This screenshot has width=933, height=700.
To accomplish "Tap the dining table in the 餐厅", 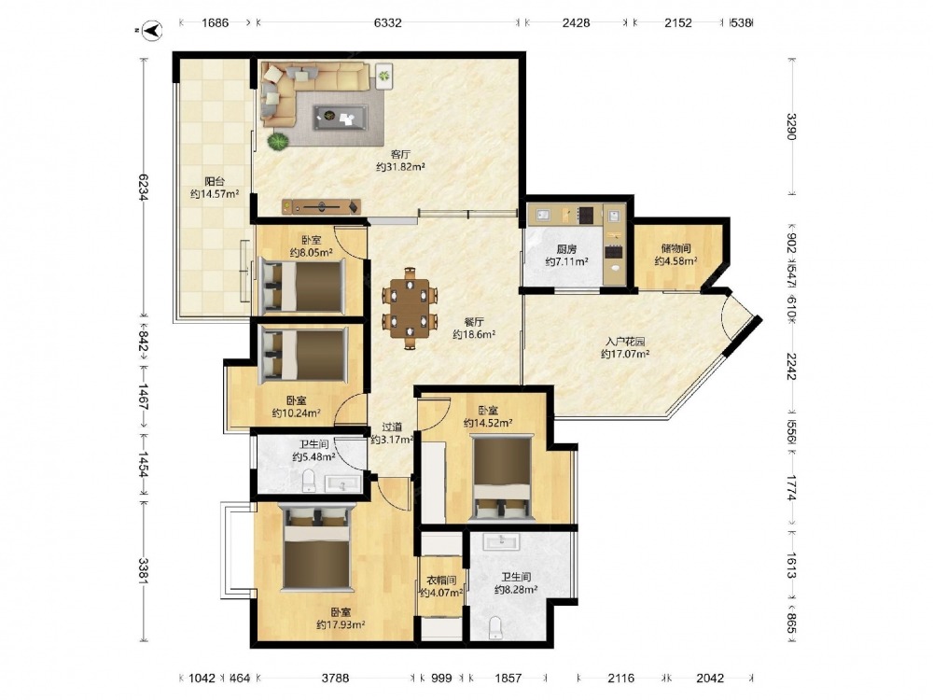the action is click(410, 309).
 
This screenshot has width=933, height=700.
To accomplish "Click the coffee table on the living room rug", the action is click(341, 117).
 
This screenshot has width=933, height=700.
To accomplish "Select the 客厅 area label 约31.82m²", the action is click(400, 167).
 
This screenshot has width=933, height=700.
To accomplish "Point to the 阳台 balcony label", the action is click(215, 182).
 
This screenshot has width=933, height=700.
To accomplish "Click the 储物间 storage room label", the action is click(675, 248).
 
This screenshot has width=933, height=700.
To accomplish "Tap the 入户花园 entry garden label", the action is click(625, 342).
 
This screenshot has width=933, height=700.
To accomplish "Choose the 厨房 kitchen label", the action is click(566, 249).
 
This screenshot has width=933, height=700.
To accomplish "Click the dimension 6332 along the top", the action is click(388, 23).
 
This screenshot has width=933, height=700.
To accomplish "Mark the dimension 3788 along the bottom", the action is click(336, 678).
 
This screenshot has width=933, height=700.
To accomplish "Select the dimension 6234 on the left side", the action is click(143, 187).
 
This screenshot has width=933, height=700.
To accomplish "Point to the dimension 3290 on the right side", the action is click(791, 126).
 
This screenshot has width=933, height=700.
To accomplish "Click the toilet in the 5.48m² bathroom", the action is click(309, 481).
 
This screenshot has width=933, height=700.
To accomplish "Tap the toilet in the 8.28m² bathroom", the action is click(494, 627).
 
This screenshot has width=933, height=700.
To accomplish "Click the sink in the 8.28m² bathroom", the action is click(502, 541).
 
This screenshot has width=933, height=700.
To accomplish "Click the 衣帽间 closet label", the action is click(441, 580).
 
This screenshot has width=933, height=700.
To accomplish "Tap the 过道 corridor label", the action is click(392, 427).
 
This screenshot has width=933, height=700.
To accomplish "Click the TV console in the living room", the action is click(321, 206).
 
